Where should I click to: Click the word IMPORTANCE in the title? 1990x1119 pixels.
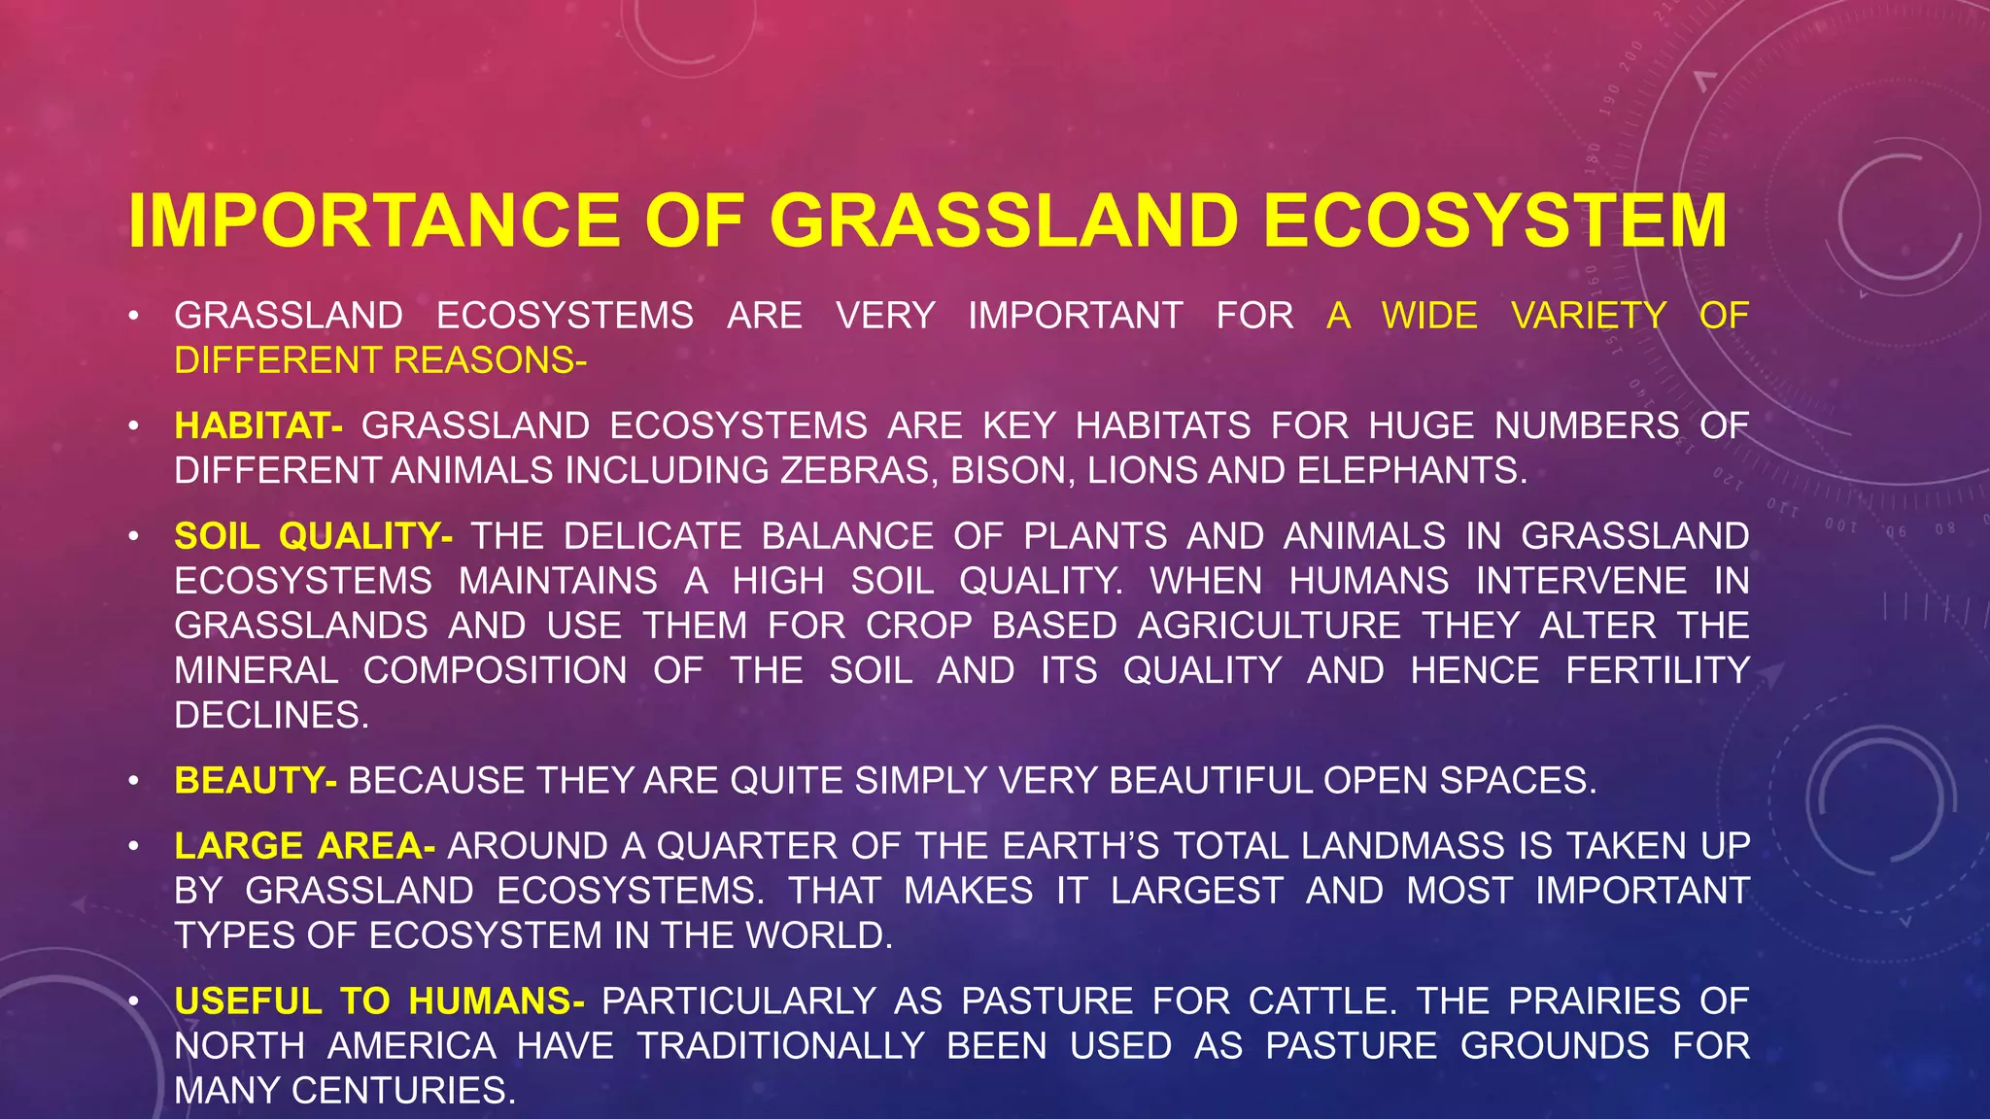point(374,221)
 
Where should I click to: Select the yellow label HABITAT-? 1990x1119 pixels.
point(257,426)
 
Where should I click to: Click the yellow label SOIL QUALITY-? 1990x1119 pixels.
point(313,536)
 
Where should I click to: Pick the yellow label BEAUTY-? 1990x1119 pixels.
point(256,781)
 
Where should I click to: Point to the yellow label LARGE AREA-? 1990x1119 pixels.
point(304,846)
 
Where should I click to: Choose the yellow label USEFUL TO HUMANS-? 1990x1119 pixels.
point(379,1001)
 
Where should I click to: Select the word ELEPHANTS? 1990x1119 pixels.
point(1411,471)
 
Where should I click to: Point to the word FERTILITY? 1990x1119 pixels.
point(1658,670)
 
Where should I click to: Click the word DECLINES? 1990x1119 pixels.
point(271,716)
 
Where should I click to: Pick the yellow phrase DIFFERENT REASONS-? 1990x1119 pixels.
point(380,361)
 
